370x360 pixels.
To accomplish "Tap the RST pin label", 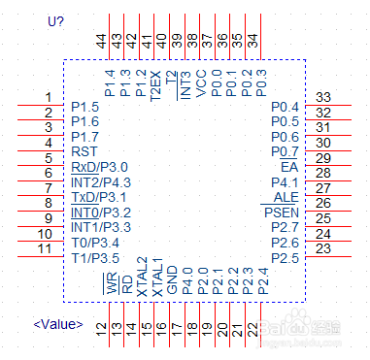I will tap(84, 152).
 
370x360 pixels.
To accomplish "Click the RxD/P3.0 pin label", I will tap(99, 167).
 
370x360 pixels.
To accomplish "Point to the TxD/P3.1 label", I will tap(99, 197).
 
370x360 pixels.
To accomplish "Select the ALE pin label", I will tap(286, 197).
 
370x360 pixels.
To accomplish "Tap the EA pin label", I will tap(288, 167).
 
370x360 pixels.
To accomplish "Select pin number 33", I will tap(324, 97).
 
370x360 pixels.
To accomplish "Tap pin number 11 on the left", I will tap(44, 248).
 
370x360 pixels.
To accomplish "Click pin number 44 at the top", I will tap(101, 41).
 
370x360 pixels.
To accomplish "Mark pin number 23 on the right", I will tap(324, 248).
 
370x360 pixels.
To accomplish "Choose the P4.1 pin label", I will tap(283, 181).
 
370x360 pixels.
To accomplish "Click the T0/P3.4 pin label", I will tap(94, 242).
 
